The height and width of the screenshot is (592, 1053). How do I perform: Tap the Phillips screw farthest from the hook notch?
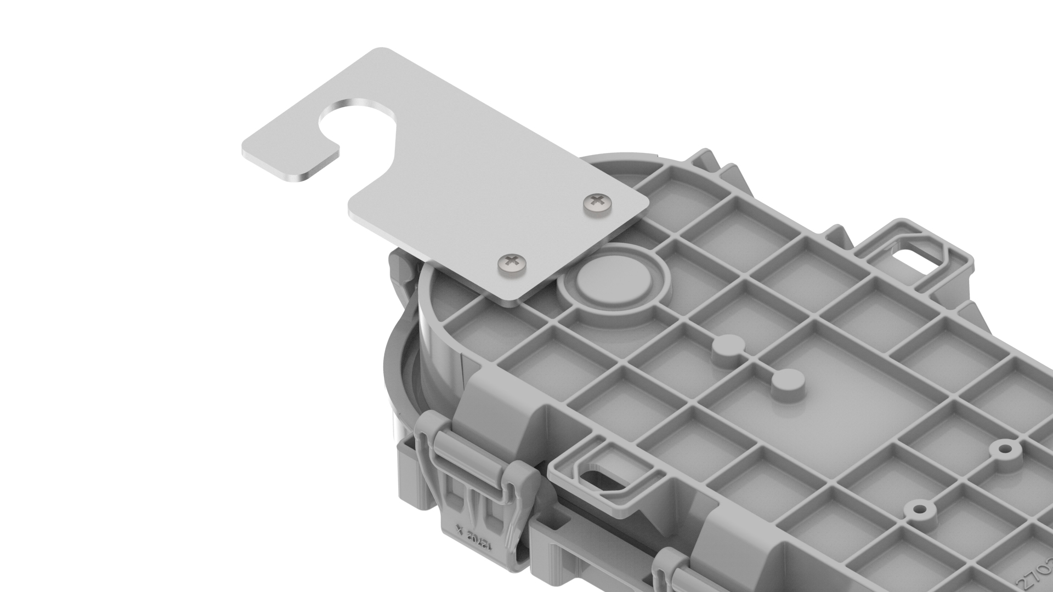point(511,264)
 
